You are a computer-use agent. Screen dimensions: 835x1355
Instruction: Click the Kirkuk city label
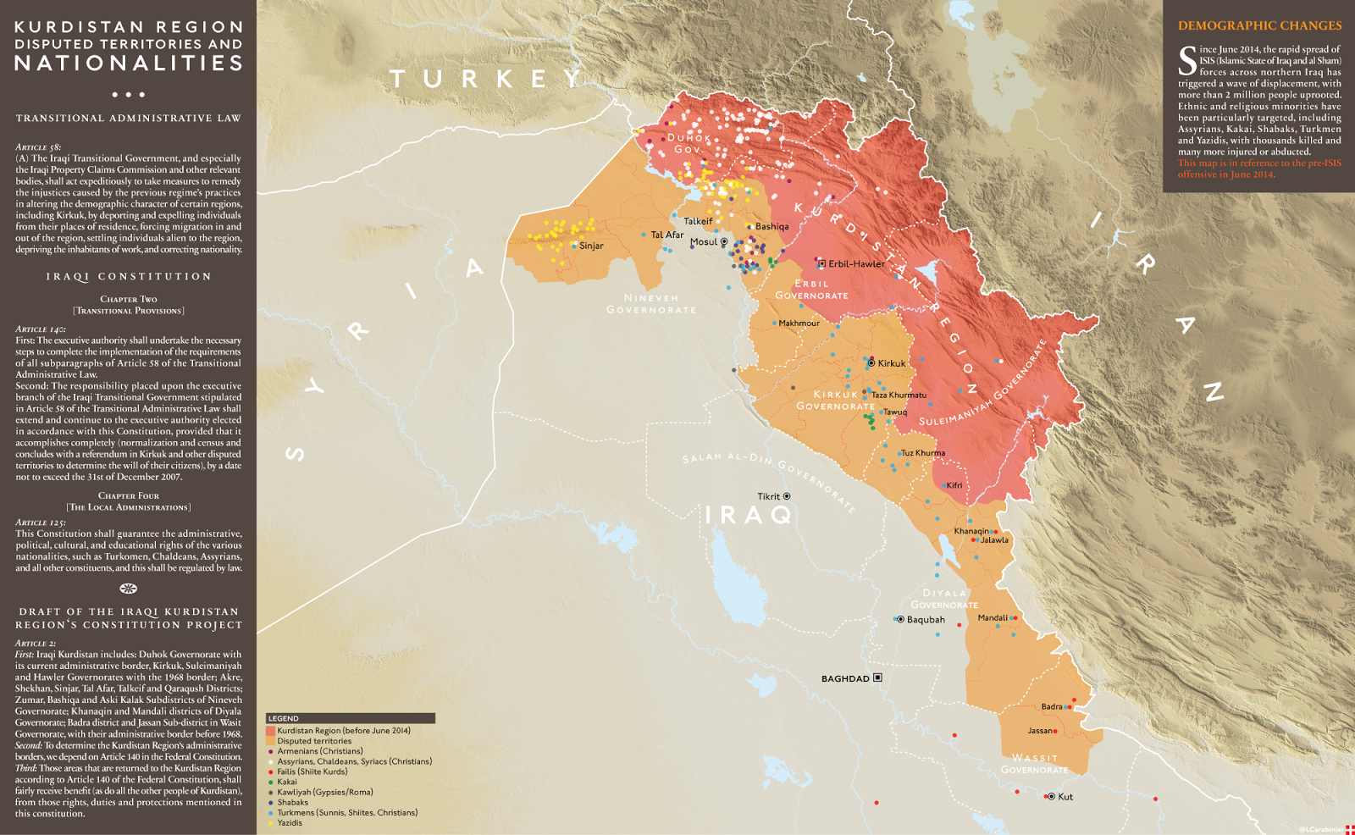(x=892, y=363)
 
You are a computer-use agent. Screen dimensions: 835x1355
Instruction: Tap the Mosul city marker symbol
(x=724, y=242)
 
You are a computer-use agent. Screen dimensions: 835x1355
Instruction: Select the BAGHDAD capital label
(x=845, y=678)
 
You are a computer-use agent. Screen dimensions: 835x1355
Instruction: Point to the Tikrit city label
(x=769, y=497)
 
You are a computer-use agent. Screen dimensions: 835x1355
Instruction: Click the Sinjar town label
(x=591, y=246)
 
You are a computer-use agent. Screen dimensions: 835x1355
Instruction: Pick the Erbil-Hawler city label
(x=856, y=264)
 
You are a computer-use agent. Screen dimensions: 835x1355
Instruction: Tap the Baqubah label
(x=926, y=620)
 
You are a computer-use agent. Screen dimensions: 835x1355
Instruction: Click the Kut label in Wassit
(x=1065, y=797)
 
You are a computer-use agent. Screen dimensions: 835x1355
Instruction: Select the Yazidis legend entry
(x=290, y=822)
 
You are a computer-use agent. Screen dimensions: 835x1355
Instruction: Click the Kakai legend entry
(x=287, y=782)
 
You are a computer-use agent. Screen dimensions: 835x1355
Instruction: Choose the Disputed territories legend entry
(x=314, y=741)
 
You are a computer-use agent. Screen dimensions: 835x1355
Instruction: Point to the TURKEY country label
(x=486, y=80)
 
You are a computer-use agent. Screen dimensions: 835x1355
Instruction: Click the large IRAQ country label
(x=749, y=514)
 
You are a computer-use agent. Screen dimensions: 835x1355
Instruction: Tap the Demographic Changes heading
(x=1259, y=26)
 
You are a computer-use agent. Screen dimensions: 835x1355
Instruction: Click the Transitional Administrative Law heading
(x=129, y=119)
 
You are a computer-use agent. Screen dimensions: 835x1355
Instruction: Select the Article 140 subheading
(x=41, y=329)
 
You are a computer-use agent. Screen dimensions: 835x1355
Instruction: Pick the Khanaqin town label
(x=971, y=532)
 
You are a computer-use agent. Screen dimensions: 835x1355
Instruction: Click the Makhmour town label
(x=799, y=323)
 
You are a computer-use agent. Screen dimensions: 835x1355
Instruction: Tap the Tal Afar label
(x=666, y=235)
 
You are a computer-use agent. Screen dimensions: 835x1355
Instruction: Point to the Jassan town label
(x=1039, y=731)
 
